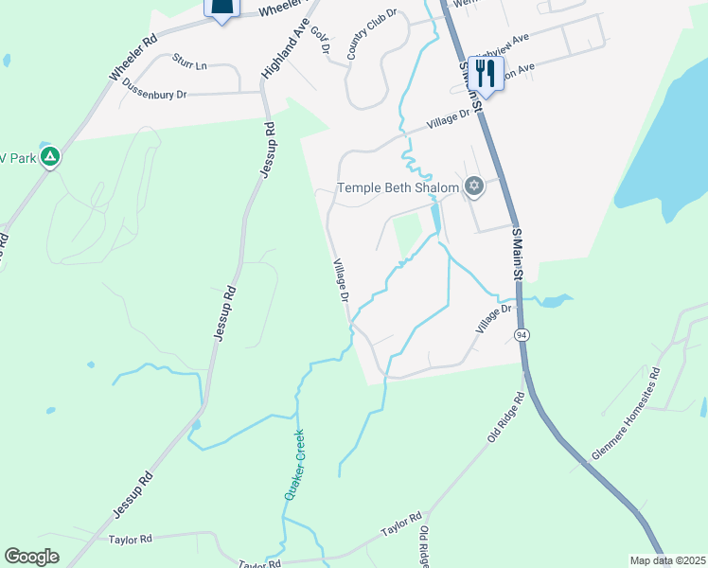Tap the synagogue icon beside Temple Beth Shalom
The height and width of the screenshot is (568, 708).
click(474, 186)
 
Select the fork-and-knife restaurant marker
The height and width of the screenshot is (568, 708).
click(486, 73)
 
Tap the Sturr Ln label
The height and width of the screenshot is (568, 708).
click(189, 62)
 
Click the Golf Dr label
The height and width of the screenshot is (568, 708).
click(319, 41)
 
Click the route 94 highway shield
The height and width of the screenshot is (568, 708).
click(522, 335)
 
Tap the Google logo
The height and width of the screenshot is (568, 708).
click(31, 556)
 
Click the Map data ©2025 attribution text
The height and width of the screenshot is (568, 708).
click(666, 560)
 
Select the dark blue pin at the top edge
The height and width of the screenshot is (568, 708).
click(221, 9)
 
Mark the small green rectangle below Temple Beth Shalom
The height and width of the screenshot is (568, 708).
click(407, 235)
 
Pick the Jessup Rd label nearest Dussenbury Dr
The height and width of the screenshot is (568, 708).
click(268, 151)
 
